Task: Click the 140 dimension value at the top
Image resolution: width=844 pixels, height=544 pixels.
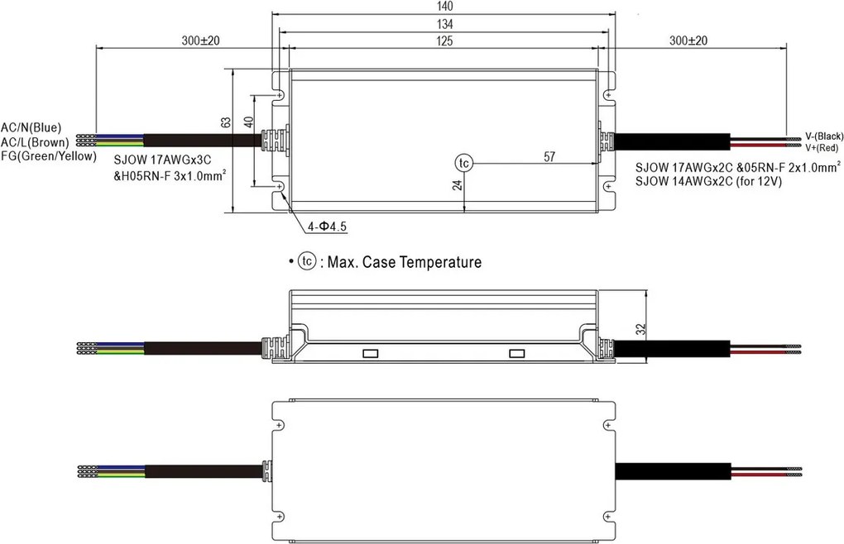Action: pyautogui.click(x=444, y=6)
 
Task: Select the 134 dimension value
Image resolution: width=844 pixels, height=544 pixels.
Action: pyautogui.click(x=444, y=24)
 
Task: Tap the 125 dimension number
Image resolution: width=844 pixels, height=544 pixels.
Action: pyautogui.click(x=444, y=41)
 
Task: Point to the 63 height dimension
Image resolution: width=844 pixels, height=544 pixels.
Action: pyautogui.click(x=226, y=122)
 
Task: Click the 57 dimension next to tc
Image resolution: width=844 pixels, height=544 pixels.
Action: pyautogui.click(x=549, y=156)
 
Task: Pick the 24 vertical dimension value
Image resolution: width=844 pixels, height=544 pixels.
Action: pyautogui.click(x=457, y=184)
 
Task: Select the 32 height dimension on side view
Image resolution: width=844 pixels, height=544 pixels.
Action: pyautogui.click(x=640, y=329)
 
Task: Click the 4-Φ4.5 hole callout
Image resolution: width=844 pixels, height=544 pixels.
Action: pyautogui.click(x=328, y=227)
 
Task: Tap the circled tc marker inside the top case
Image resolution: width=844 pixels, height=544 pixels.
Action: pyautogui.click(x=463, y=163)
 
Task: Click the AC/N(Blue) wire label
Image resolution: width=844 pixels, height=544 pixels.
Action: pyautogui.click(x=31, y=128)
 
